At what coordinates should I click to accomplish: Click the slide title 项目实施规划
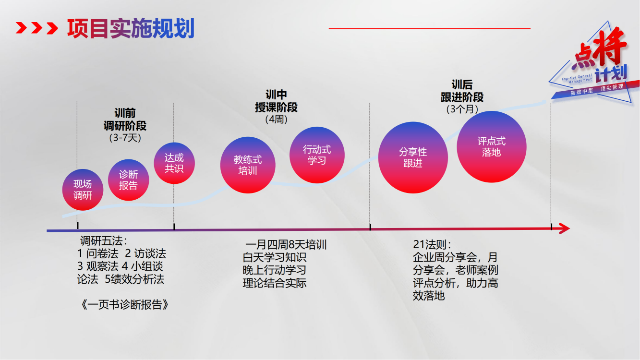tap(131, 28)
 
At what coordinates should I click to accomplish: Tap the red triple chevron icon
tap(36, 28)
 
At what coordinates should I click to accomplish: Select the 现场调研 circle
tap(83, 190)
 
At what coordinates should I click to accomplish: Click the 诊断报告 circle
tap(128, 180)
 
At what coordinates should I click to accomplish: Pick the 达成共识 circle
tap(174, 163)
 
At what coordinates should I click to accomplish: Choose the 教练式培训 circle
tap(248, 165)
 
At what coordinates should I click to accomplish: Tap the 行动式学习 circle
tap(317, 155)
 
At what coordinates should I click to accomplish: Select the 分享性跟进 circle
tap(413, 158)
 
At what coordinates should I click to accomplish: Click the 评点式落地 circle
tap(491, 147)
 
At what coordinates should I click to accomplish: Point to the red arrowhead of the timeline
tap(564, 228)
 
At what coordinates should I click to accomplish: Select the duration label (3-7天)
tap(125, 138)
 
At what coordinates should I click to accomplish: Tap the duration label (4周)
tap(276, 119)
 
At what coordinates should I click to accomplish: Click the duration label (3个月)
tap(462, 109)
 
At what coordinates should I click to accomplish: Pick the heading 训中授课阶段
tap(276, 101)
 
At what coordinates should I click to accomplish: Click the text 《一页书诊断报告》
tap(125, 305)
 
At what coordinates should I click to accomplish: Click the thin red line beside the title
tap(429, 29)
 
